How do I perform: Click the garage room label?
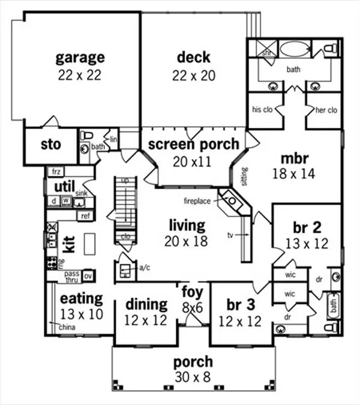[x=80, y=58]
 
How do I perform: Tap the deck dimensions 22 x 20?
[x=193, y=76]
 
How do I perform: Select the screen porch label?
[x=193, y=144]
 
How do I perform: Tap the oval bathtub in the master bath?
[x=293, y=49]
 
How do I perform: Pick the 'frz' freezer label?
[x=56, y=172]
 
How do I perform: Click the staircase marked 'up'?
[x=125, y=205]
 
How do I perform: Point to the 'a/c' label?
[x=144, y=268]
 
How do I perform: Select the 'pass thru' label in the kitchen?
[x=71, y=276]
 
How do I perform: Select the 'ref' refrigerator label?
[x=85, y=215]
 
